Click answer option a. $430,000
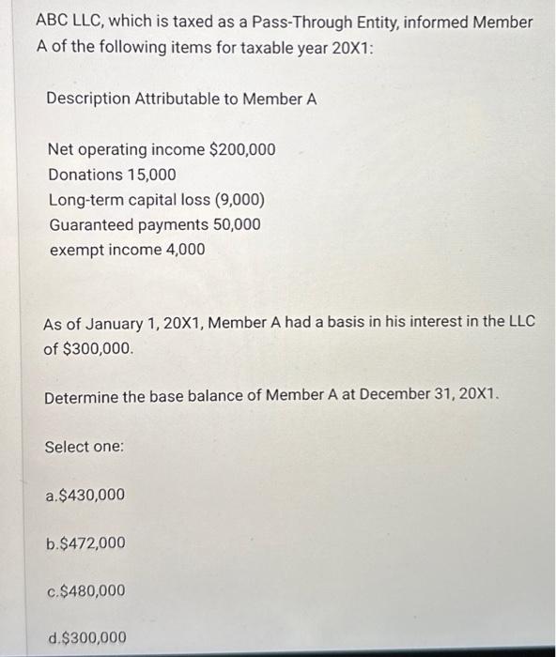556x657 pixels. point(85,495)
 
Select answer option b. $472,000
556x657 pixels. point(85,543)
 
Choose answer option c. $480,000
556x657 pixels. point(85,591)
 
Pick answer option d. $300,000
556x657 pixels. point(85,638)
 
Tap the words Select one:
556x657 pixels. point(85,447)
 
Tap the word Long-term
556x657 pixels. point(87,200)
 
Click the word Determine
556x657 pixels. point(81,397)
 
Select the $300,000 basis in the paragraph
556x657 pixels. point(97,347)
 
